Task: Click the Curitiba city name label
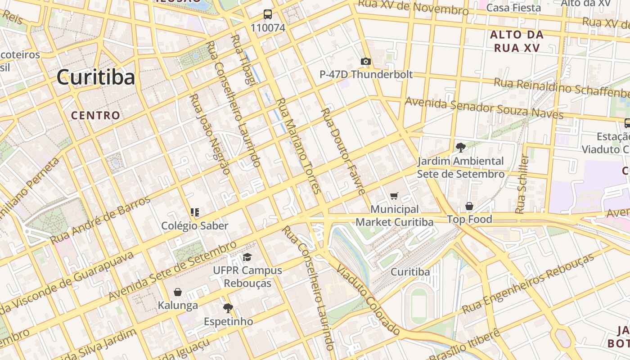tap(95, 77)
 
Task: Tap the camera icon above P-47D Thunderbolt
tap(365, 62)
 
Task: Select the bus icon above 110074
tap(268, 14)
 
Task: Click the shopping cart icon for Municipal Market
tap(394, 196)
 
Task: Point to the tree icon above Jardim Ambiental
tap(460, 147)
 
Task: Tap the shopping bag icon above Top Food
tap(469, 206)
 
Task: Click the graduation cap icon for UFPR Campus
tap(247, 257)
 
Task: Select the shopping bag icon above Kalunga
tap(178, 292)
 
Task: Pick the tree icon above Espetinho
tap(228, 308)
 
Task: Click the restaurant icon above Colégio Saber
tap(195, 212)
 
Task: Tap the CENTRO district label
tap(96, 115)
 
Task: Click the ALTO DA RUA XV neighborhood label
tap(517, 41)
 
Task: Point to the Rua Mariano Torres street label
tap(298, 146)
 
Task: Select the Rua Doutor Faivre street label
tap(343, 151)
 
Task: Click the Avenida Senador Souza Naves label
tap(484, 108)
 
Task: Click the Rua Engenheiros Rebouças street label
tap(528, 283)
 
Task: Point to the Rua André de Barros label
tap(100, 220)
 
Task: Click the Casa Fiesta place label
tap(513, 8)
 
